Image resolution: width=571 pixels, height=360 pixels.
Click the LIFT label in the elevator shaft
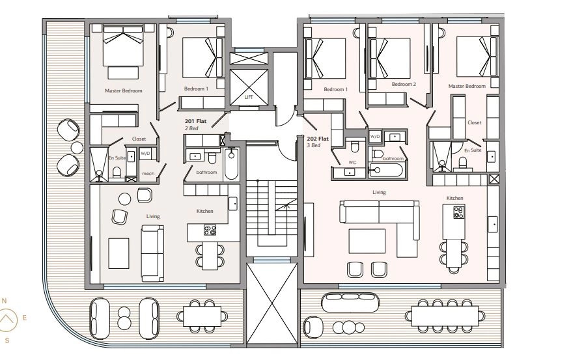click(249, 97)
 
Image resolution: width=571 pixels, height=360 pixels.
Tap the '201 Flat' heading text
click(195, 121)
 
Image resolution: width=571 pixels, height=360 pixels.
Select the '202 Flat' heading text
click(318, 139)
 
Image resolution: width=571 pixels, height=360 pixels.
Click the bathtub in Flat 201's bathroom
click(231, 164)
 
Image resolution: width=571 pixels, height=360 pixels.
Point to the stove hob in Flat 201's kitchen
click(210, 230)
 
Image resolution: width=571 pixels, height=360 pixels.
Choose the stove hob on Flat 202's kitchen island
click(458, 213)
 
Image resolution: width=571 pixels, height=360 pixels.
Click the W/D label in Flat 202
click(375, 137)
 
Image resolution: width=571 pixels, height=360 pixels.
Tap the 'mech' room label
click(148, 174)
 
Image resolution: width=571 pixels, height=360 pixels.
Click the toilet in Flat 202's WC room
click(355, 146)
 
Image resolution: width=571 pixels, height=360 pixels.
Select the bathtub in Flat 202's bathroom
click(386, 171)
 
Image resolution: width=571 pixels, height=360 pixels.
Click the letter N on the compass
click(5, 301)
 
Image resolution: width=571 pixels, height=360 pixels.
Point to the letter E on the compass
click(25, 318)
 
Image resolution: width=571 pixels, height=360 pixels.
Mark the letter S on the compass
click(7, 340)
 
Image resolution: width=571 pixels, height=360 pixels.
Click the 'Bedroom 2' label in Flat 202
click(404, 84)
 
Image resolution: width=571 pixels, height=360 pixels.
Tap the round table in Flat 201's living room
click(124, 199)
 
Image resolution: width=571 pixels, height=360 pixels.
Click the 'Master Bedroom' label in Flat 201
click(124, 90)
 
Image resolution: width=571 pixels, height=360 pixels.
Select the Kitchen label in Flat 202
click(455, 198)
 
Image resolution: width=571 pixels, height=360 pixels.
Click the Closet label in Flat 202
click(475, 122)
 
